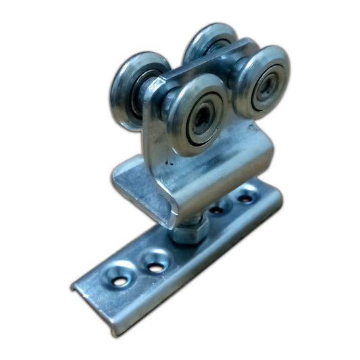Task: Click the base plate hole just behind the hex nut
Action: coord(216,210)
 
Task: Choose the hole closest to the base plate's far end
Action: coord(245,199)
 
